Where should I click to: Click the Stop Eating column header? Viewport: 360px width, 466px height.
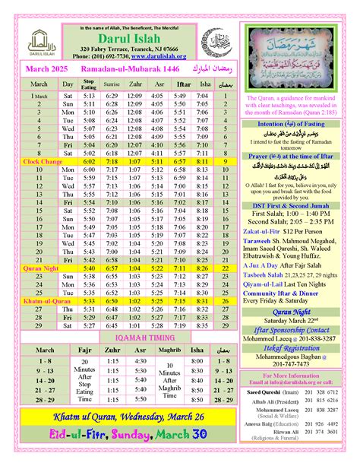click(x=89, y=84)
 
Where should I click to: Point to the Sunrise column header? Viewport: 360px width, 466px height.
click(x=112, y=84)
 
